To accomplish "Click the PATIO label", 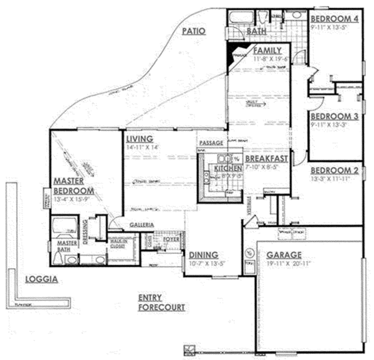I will [194, 30].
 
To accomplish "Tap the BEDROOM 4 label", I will [334, 18].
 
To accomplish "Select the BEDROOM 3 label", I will [334, 116].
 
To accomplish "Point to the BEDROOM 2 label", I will [334, 171].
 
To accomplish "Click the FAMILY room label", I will [267, 50].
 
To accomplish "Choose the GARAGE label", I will [284, 255].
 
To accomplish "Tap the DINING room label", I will [200, 255].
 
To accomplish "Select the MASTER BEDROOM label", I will [73, 186].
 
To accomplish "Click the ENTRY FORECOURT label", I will [162, 302].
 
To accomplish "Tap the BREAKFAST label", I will [262, 159].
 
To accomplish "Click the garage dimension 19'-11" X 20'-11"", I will [287, 263].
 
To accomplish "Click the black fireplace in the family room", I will [236, 52].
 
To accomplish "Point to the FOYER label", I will [171, 239].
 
